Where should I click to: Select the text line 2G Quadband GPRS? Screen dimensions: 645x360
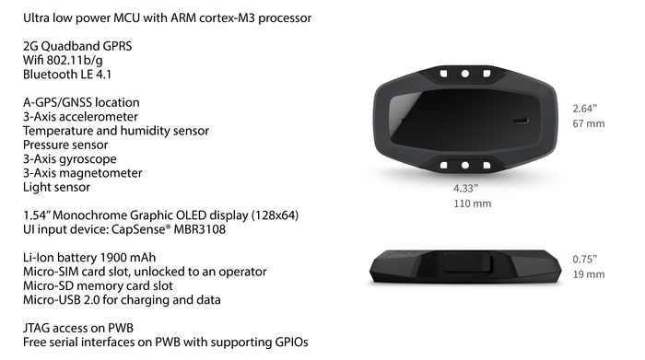click(x=77, y=46)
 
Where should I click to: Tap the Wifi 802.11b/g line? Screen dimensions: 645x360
click(x=63, y=61)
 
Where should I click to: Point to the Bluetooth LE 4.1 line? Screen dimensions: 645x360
click(x=67, y=75)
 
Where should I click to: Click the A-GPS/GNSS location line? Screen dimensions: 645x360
click(x=81, y=102)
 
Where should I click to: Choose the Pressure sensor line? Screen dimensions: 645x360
click(x=65, y=145)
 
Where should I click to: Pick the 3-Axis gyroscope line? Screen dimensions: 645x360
click(x=69, y=159)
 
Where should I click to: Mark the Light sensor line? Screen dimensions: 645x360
click(x=56, y=188)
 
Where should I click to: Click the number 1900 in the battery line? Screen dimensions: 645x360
click(x=113, y=258)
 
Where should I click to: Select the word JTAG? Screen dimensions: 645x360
click(x=36, y=328)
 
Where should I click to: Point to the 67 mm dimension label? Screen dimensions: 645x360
click(x=589, y=123)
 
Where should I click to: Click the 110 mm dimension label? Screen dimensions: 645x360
click(x=472, y=203)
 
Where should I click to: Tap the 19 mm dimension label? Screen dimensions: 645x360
click(x=589, y=274)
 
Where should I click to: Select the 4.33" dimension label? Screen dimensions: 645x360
click(x=465, y=189)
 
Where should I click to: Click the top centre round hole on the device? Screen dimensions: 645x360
click(x=465, y=74)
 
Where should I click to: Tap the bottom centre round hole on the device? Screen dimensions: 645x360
click(x=465, y=165)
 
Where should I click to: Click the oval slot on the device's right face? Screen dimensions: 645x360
click(x=521, y=121)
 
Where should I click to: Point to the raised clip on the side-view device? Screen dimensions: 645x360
click(x=468, y=263)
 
